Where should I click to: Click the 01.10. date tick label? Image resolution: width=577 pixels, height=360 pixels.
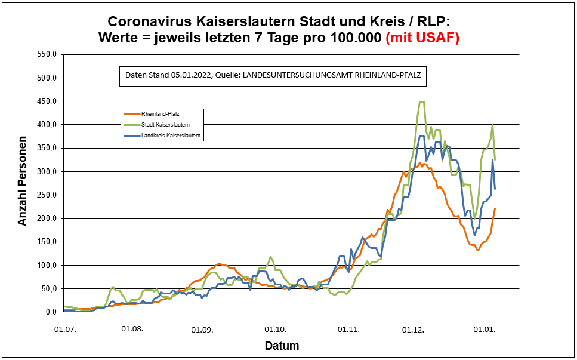[275, 328]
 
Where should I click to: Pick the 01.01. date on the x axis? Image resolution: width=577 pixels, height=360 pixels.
[485, 328]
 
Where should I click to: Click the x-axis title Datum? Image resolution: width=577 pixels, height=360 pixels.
[282, 346]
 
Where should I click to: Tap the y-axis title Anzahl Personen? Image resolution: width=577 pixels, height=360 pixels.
[23, 184]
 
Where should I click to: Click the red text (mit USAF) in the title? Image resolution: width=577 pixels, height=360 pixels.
[423, 38]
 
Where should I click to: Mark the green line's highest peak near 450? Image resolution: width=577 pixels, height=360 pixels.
[421, 101]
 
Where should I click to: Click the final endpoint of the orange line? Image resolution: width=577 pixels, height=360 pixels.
[495, 208]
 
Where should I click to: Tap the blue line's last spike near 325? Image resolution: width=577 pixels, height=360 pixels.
[493, 159]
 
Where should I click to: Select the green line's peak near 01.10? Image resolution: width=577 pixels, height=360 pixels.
[271, 257]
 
